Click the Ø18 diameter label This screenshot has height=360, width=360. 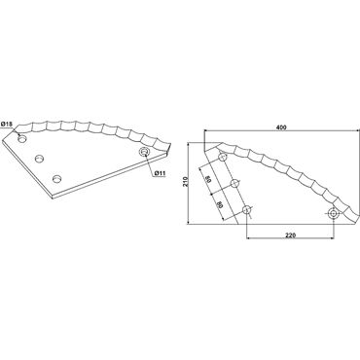click(7, 125)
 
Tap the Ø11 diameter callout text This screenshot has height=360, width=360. click(161, 173)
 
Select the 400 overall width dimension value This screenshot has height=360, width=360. click(282, 127)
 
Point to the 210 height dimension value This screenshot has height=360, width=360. click(185, 181)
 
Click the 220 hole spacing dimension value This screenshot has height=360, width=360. click(291, 235)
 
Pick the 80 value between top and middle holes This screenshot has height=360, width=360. click(209, 180)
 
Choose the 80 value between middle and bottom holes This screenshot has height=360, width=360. click(221, 204)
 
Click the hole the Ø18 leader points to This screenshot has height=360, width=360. click(22, 139)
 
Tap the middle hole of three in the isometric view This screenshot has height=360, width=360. click(40, 159)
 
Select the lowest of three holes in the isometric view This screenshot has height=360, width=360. click(57, 178)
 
